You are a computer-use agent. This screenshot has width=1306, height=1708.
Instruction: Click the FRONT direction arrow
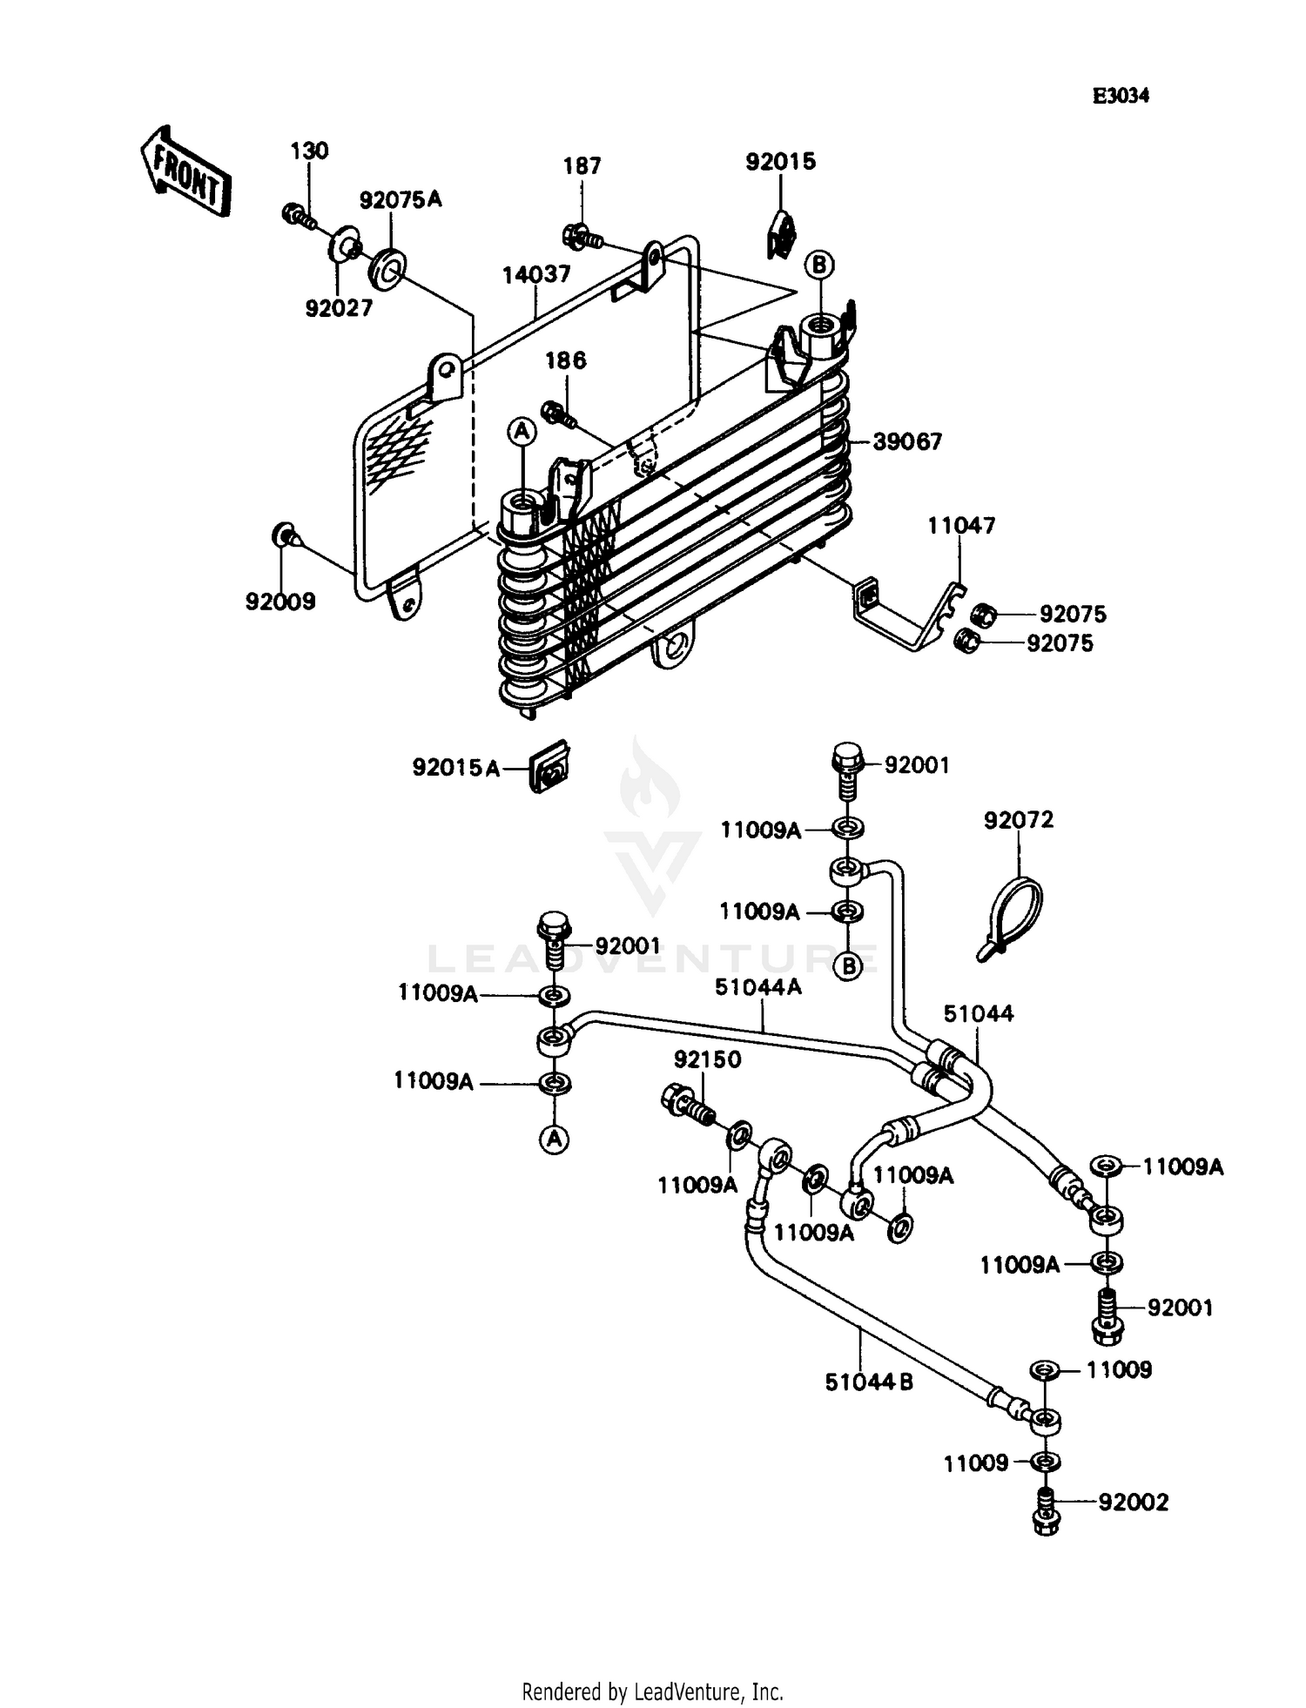(x=185, y=171)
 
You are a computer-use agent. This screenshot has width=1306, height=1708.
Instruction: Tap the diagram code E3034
(x=1121, y=97)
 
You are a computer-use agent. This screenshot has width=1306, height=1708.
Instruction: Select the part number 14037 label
(x=536, y=274)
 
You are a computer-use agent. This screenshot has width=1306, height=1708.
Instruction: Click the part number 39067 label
(x=907, y=442)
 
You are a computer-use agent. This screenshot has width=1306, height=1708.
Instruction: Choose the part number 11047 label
(x=961, y=526)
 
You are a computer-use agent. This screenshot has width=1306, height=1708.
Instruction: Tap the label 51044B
(x=868, y=1382)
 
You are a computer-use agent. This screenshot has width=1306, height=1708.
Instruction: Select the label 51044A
(x=757, y=987)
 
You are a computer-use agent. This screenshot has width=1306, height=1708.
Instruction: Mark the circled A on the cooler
(x=522, y=430)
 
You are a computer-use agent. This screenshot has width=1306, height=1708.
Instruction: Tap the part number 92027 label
(x=339, y=308)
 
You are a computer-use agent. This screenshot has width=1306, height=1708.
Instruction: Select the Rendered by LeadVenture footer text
(x=652, y=1691)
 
